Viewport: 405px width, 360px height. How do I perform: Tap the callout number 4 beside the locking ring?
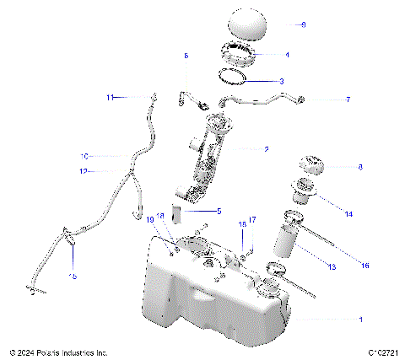click(287, 55)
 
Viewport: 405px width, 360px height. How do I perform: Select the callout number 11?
click(110, 98)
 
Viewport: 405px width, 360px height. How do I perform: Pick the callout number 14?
click(349, 204)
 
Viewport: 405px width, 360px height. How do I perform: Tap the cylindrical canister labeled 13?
click(285, 240)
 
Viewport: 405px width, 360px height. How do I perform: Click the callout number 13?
click(332, 266)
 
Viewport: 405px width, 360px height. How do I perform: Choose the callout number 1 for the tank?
click(361, 320)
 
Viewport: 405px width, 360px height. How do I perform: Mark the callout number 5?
click(219, 211)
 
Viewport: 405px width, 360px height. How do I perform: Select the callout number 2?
click(266, 149)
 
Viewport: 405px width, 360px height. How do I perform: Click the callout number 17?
click(251, 220)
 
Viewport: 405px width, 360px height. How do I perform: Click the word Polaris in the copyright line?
click(60, 352)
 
